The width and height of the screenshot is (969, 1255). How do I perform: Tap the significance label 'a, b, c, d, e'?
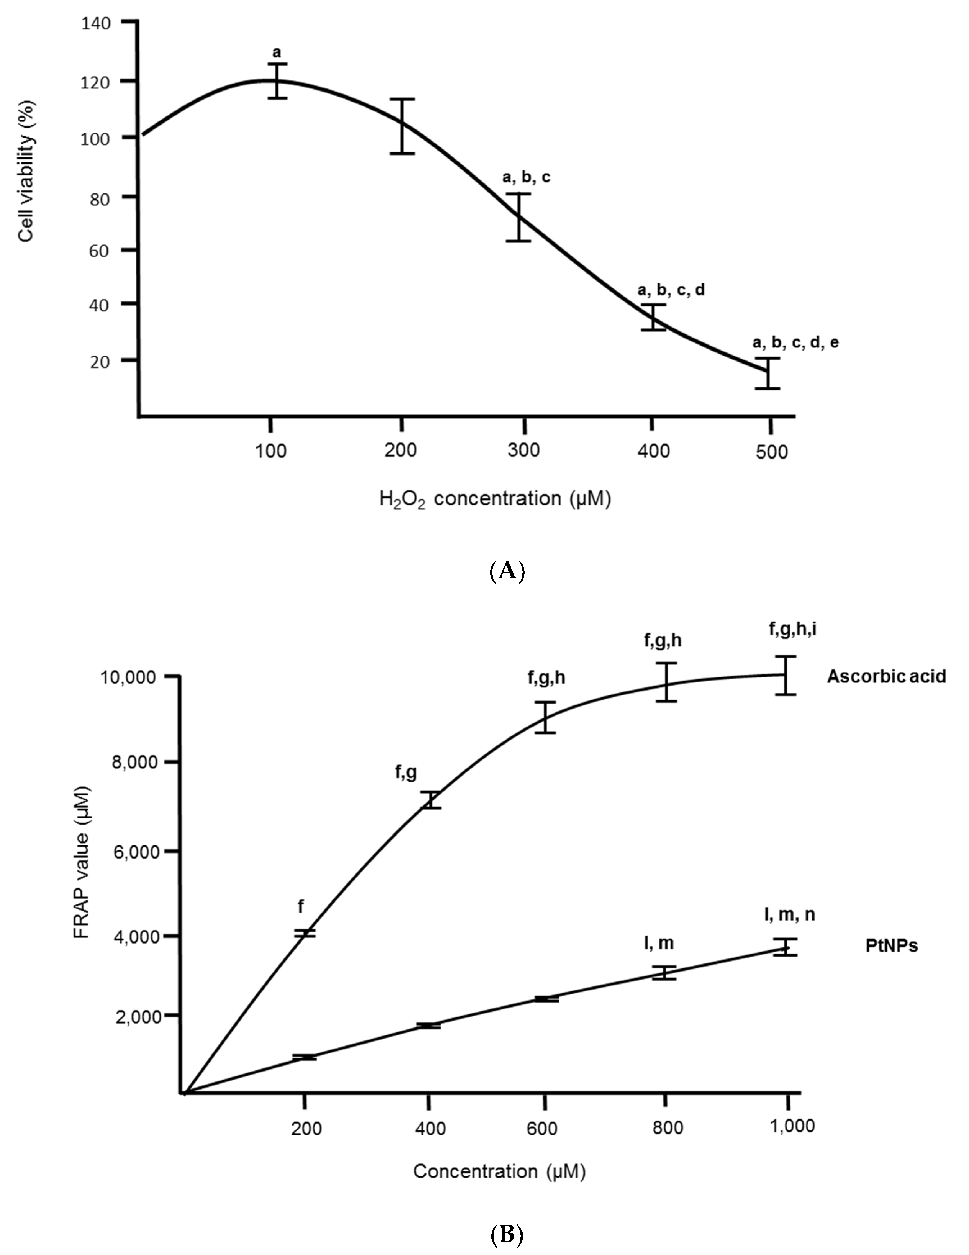pyautogui.click(x=795, y=343)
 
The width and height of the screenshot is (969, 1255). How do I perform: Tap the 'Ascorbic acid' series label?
pyautogui.click(x=886, y=676)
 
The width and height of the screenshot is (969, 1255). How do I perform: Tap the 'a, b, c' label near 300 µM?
pyautogui.click(x=526, y=178)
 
